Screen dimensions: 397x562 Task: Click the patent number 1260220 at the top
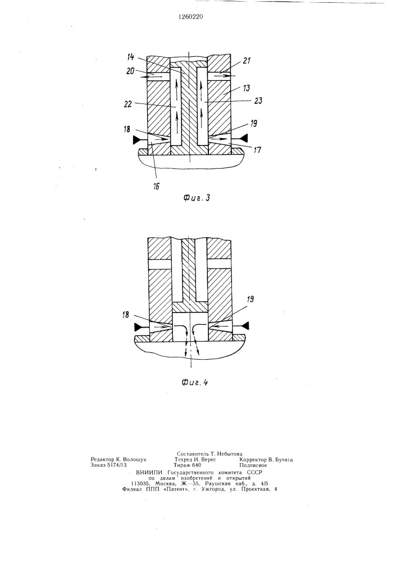click(x=191, y=16)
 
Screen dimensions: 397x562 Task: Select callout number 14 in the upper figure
click(x=130, y=57)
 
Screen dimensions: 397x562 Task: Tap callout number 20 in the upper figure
click(x=130, y=71)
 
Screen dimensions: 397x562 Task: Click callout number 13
click(x=247, y=88)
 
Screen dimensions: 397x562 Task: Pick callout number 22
click(x=128, y=104)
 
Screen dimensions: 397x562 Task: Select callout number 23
click(x=258, y=101)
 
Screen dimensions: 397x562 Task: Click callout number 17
click(x=257, y=149)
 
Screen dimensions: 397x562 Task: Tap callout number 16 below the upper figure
click(x=157, y=187)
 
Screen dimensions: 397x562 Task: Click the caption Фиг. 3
click(x=196, y=197)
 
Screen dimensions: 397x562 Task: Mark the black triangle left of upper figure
click(x=137, y=140)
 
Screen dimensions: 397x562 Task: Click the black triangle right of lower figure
click(x=245, y=325)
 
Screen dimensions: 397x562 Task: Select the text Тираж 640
click(x=188, y=465)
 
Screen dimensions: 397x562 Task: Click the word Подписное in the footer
click(x=253, y=465)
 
